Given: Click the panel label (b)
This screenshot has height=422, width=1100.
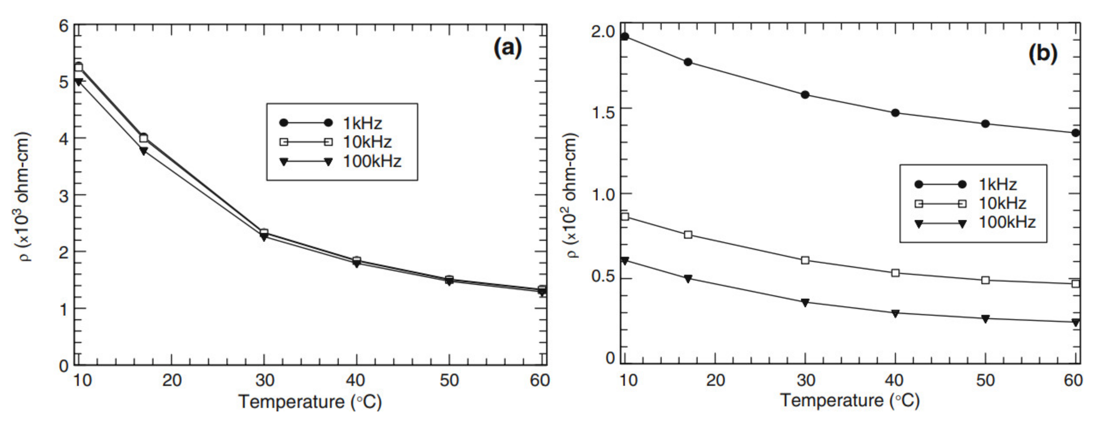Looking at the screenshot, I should click(x=1042, y=54).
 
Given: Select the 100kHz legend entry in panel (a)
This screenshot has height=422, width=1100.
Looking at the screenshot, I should click(x=372, y=161).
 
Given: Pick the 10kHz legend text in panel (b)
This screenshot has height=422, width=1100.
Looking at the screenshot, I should click(x=1002, y=203).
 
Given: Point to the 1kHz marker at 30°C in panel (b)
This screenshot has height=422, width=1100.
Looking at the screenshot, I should click(x=805, y=95).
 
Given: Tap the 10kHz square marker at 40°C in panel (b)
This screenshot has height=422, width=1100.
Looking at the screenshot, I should click(x=895, y=273).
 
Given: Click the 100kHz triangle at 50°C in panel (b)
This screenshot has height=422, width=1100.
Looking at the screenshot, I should click(x=985, y=319).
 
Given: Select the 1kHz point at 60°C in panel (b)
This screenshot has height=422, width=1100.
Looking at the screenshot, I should click(x=1076, y=133).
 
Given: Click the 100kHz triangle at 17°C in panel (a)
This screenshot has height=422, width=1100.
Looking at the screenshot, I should click(x=143, y=151).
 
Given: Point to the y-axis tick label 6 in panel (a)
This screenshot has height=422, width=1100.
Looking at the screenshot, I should click(x=64, y=27).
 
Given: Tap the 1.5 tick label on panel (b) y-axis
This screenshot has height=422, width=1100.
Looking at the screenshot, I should click(x=603, y=113).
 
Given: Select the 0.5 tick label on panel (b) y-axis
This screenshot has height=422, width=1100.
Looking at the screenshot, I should click(x=603, y=277).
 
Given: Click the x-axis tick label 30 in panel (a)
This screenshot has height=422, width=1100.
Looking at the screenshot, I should click(x=264, y=380).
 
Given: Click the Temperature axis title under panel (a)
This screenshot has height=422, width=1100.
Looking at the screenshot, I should click(x=310, y=402).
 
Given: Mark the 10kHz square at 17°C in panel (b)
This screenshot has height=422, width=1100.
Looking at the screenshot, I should click(x=688, y=235).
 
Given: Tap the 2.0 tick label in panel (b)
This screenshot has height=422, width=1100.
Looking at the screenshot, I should click(x=603, y=32).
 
